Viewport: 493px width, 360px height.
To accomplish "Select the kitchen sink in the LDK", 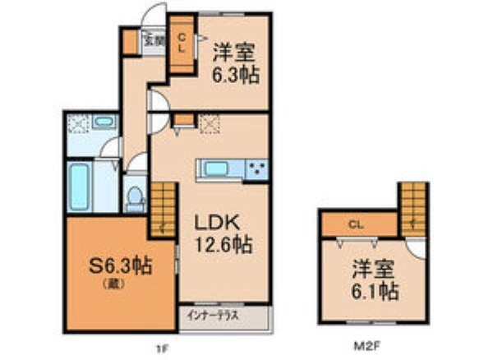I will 215,168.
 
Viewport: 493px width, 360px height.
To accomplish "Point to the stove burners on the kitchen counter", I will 257,169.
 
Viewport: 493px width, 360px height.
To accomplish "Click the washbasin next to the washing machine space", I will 104,122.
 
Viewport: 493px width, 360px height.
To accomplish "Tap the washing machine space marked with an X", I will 78,123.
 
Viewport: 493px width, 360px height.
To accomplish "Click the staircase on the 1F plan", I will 163,210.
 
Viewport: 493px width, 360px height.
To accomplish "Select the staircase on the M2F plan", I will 413,210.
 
